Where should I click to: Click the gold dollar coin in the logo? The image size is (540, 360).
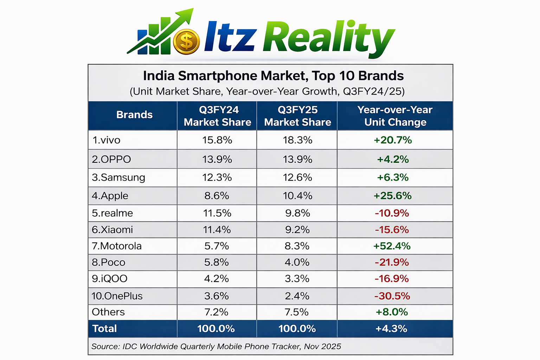coord(186,42)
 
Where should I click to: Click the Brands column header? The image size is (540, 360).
coord(134,115)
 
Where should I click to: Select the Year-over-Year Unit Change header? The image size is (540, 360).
coord(395,116)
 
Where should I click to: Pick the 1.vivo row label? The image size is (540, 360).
coord(106,140)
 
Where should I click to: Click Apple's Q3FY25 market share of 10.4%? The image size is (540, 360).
coord(297,196)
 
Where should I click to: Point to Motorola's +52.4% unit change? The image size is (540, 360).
coord(392,246)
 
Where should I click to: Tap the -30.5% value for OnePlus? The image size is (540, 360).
coord(392,296)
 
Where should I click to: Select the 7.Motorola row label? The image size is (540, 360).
coord(117,246)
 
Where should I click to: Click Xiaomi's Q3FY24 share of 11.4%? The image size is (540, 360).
coord(217,230)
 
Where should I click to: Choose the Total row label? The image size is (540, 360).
coord(104,329)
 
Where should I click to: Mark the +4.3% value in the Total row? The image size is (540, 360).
coord(391,329)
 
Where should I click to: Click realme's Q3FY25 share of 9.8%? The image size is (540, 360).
coord(297,213)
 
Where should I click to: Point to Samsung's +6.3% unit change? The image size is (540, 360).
coord(393,178)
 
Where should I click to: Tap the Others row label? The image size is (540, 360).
coord(108,312)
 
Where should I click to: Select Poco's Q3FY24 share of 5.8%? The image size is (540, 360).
coord(217,263)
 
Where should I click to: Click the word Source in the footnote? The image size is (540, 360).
coord(105,347)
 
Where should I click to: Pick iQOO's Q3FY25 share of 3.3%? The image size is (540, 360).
coord(297,279)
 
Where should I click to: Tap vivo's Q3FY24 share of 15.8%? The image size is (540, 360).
coord(217,140)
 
